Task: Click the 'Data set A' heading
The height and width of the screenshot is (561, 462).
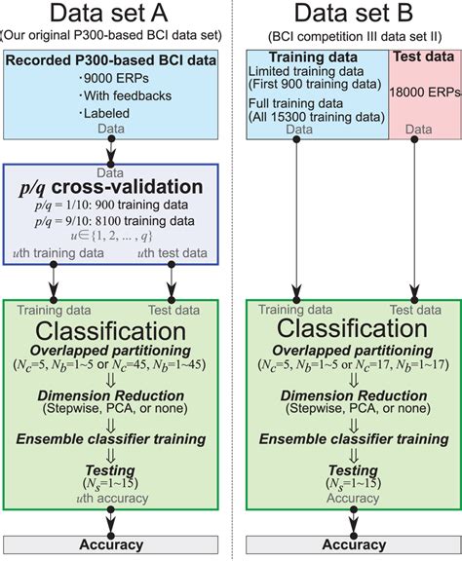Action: coord(116,16)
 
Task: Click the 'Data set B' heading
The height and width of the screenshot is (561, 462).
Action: coord(345,16)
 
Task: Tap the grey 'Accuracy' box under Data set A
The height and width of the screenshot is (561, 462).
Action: coord(116,544)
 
